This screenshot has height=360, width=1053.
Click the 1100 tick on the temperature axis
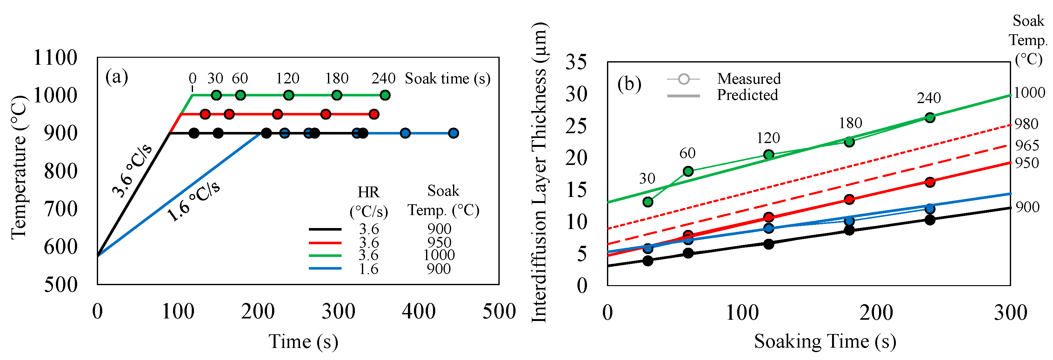[55, 58]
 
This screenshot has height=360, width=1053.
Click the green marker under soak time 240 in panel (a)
[385, 95]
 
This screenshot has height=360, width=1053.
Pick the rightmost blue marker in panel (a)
[453, 133]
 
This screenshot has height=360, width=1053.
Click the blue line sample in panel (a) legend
[325, 268]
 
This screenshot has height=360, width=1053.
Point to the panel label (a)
[117, 77]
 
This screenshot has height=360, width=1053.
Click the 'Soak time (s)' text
[447, 78]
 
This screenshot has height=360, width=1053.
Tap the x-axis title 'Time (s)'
[303, 341]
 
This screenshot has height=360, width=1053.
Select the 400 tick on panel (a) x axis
[419, 311]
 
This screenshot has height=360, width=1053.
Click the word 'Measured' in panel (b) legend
[749, 78]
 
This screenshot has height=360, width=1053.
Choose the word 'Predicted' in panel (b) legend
[747, 95]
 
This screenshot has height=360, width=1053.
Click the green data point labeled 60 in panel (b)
[688, 171]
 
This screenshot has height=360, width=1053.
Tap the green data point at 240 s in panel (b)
[930, 118]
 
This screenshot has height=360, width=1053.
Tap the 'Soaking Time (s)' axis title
[825, 341]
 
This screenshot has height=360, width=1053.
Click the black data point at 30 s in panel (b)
[648, 261]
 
